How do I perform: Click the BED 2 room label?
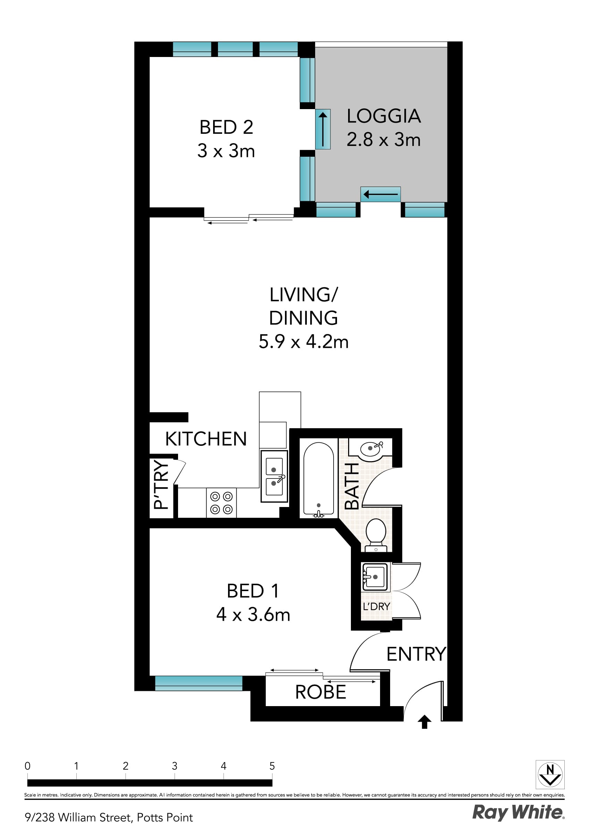[x=226, y=127]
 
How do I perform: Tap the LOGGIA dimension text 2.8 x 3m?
[x=383, y=139]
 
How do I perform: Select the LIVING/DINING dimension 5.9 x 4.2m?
[x=303, y=342]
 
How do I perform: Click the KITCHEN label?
[x=206, y=439]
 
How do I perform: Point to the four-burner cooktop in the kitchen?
[x=221, y=503]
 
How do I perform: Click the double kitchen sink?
[x=274, y=476]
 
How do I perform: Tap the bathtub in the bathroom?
[x=318, y=479]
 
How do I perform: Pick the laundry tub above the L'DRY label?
[x=375, y=577]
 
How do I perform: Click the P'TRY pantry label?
[x=161, y=484]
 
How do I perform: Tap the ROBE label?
[x=320, y=692]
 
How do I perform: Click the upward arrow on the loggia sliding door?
[x=323, y=129]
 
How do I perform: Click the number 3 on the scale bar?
[x=175, y=766]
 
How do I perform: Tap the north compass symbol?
[x=550, y=775]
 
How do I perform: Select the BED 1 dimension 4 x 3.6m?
[x=253, y=615]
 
